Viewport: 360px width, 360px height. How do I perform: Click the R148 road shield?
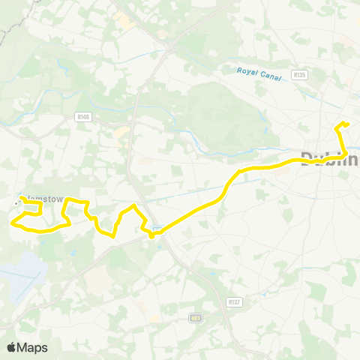pyautogui.click(x=83, y=116)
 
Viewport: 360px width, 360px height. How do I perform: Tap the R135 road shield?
pyautogui.click(x=300, y=75)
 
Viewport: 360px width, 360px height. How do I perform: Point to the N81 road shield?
pyautogui.click(x=196, y=318)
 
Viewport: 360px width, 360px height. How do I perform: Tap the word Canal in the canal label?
pyautogui.click(x=266, y=74)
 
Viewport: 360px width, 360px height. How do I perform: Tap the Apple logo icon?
pyautogui.click(x=12, y=347)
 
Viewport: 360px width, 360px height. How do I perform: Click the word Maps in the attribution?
pyautogui.click(x=33, y=347)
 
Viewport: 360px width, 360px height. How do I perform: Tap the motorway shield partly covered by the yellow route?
pyautogui.click(x=158, y=229)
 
